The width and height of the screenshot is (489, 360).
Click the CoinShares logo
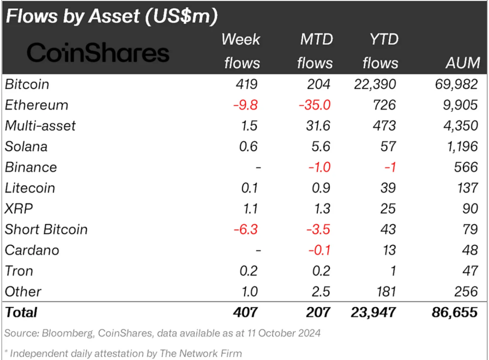click(x=98, y=53)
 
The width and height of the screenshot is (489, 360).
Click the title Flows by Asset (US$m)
click(x=112, y=16)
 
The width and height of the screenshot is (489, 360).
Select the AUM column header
click(x=462, y=63)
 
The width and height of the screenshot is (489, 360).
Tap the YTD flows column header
click(x=380, y=51)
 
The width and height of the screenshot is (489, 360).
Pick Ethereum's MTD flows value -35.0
click(x=315, y=105)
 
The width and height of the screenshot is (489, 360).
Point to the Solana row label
click(x=26, y=147)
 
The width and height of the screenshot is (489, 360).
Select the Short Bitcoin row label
click(x=46, y=230)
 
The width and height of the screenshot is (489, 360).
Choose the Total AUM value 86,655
click(x=453, y=313)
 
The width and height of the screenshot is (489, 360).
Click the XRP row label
click(x=17, y=209)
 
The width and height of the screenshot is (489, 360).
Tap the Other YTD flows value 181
click(x=386, y=292)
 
